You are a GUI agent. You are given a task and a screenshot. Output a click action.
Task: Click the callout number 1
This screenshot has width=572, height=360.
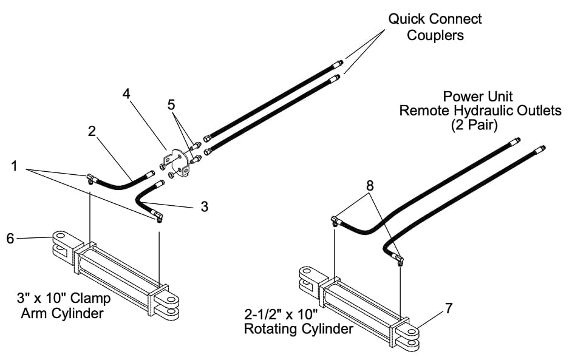pos(15,165)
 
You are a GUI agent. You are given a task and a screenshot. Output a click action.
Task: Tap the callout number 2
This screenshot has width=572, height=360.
pos(92,132)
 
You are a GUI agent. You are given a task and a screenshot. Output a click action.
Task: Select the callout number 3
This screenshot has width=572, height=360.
pos(204,206)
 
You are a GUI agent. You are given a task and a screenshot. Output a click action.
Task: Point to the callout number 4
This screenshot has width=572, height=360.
pos(126,94)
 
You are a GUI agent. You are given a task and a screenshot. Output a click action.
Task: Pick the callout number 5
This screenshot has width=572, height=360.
pos(172,104)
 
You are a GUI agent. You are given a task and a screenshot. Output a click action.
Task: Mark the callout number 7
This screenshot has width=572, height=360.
pos(448,308)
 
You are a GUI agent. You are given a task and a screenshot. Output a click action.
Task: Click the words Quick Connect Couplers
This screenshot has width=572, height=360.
pos(435,27)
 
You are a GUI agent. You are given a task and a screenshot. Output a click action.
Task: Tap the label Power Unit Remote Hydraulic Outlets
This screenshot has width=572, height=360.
pos(478,103)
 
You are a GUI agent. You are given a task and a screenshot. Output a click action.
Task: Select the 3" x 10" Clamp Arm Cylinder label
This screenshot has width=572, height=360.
pos(64,306)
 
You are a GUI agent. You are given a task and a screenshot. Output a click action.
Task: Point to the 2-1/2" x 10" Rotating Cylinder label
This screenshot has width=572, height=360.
pos(298,322)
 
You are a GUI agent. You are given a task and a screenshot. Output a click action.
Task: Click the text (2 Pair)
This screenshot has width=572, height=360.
pos(477,125)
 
